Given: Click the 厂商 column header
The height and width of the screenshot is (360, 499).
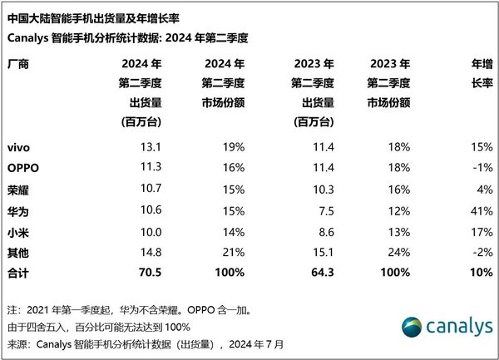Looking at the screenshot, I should [x=18, y=64].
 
